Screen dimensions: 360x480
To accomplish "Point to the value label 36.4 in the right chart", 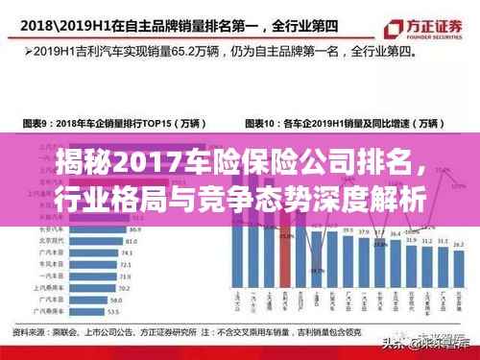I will pos(378,236).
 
